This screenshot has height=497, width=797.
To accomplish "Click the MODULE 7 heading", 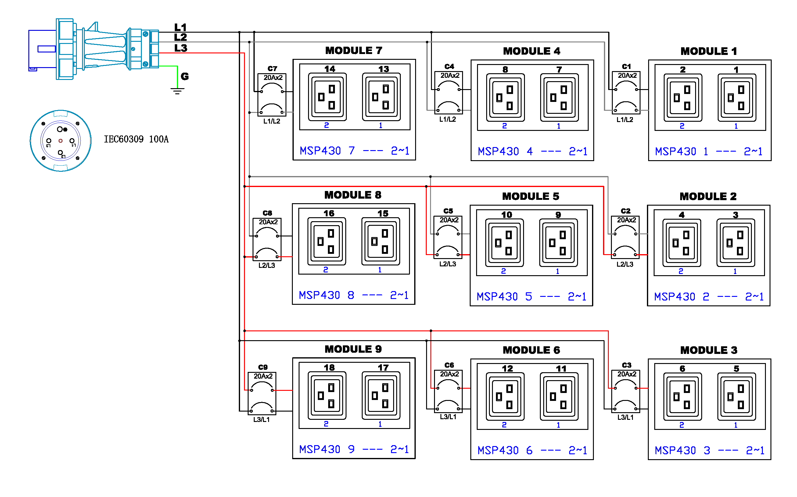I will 354,51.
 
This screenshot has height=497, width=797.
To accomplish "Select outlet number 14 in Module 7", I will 327,97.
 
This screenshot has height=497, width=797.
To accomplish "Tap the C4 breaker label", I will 449,67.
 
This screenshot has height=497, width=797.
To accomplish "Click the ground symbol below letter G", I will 177,90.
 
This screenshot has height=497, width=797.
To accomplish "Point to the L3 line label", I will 180,48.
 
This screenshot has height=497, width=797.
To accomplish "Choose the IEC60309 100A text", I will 136,139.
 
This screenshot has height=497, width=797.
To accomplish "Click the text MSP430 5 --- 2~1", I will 531,297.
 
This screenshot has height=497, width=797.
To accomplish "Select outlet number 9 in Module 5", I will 558,243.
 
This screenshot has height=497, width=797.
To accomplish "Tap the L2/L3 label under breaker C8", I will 267,266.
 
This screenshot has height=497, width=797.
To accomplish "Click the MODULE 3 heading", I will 709,350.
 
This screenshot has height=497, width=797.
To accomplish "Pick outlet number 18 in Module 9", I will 327,396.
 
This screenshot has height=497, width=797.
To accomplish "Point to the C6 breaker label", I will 449,365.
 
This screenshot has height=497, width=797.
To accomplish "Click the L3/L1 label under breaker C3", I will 625,417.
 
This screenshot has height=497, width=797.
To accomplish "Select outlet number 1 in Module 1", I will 737,98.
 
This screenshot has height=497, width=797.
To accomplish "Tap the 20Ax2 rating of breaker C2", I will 626,220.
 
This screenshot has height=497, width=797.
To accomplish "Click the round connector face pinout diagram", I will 60,141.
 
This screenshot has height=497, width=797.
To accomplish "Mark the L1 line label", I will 180,27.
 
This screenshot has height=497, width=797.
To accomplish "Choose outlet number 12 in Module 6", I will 505,397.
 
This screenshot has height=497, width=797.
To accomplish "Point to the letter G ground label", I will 185,77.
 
